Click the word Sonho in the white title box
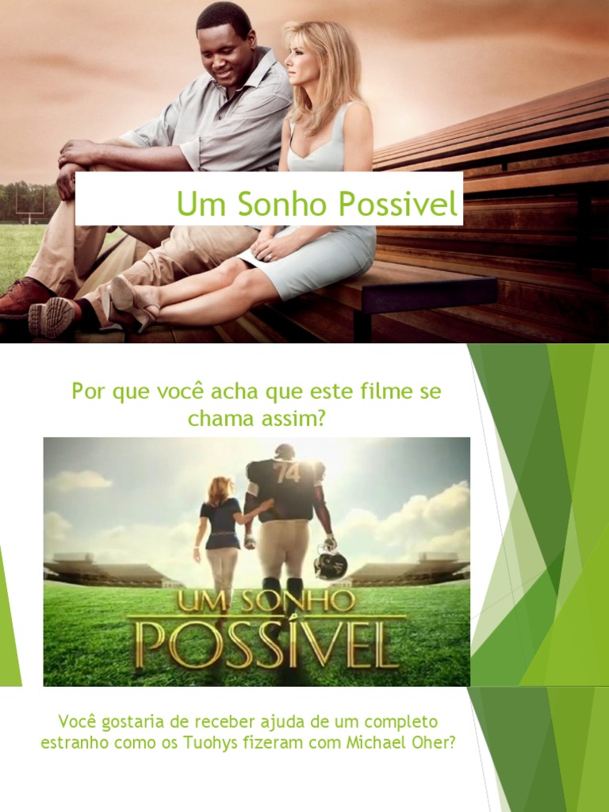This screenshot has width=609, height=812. (x=280, y=205)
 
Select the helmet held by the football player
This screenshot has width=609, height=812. (x=330, y=563)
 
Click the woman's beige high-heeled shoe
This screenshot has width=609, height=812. (x=132, y=301)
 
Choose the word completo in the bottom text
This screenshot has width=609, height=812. (x=396, y=722)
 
